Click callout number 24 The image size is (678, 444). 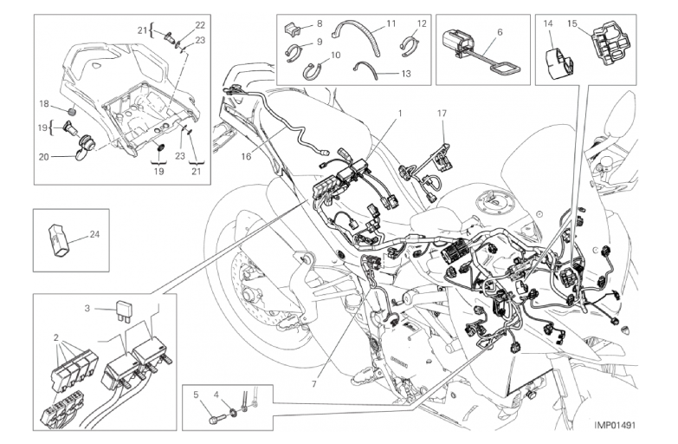tap(94, 234)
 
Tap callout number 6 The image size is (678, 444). tap(499, 31)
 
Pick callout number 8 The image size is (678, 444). tap(319, 23)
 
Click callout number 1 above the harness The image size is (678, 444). tap(400, 114)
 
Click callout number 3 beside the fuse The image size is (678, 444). tap(87, 307)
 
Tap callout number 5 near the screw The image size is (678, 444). tap(196, 395)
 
